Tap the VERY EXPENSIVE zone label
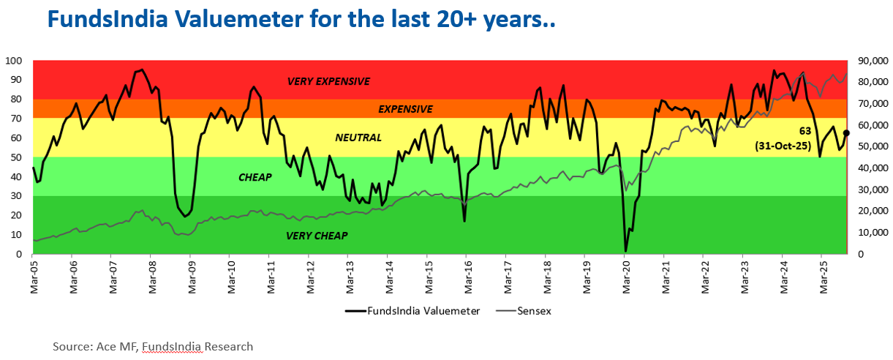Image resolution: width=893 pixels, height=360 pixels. [x=328, y=81]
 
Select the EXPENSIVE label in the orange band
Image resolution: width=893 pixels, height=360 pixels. [x=405, y=109]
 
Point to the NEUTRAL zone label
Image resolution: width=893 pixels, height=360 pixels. [x=358, y=137]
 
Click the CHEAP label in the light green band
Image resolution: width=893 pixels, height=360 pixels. [x=255, y=177]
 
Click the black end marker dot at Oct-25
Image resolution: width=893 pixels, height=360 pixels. [x=846, y=133]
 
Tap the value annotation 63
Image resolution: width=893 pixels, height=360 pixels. [x=826, y=131]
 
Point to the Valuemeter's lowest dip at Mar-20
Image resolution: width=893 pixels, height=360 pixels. [x=625, y=251]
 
